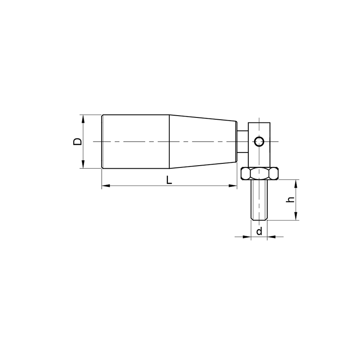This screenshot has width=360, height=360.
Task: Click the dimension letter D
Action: (77, 141)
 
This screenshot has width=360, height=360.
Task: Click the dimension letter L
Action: (169, 180)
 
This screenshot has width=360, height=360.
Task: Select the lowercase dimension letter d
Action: (259, 231)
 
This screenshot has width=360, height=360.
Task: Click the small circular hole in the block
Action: (259, 141)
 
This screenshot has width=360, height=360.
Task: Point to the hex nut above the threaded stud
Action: (260, 174)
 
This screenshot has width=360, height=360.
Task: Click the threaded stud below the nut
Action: (259, 200)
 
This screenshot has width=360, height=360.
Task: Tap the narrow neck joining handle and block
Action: (242, 142)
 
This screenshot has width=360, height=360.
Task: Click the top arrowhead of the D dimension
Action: (83, 119)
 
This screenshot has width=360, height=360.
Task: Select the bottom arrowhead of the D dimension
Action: (83, 164)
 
